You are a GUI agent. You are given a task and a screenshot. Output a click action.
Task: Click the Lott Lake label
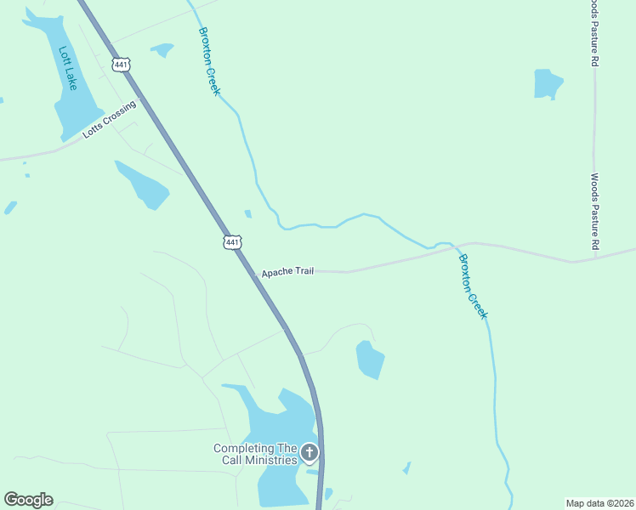coord(67,68)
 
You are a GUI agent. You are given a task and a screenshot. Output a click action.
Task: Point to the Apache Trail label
coord(287,272)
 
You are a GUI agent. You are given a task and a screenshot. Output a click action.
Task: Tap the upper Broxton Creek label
coord(209,60)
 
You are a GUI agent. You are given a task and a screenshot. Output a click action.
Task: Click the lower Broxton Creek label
coord(473,286)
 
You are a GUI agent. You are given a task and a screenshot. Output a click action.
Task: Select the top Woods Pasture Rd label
coord(594,33)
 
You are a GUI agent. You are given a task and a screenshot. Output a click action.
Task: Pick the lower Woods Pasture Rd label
coord(594,212)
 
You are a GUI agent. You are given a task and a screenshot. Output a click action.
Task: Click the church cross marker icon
coord(310,453)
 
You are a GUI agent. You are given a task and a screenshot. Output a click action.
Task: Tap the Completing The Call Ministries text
coord(255,454)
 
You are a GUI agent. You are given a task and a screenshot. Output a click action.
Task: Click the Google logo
coord(28,500)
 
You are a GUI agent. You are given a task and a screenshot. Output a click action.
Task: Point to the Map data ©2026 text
coord(599,502)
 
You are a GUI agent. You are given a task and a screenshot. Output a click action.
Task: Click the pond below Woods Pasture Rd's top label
coord(548,84)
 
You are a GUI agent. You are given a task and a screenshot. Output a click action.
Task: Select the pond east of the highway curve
coord(370,359)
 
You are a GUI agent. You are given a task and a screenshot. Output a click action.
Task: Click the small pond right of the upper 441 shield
coord(162,50)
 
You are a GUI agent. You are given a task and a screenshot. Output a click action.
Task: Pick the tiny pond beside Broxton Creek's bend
coord(247,214)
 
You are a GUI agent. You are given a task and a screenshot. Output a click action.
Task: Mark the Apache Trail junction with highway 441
coord(256,275)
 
